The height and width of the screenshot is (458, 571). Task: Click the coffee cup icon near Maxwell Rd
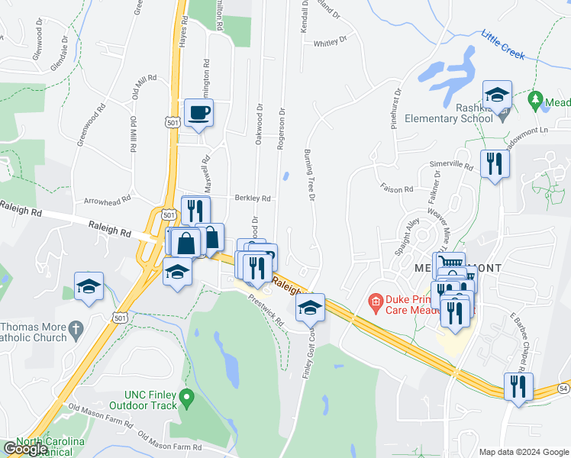point(198,113)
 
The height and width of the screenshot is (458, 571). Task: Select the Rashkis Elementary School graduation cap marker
point(497,95)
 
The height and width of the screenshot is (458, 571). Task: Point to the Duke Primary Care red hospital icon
point(375,302)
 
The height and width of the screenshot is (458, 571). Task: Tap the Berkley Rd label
point(253,198)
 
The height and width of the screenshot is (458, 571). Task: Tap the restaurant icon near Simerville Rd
point(495,163)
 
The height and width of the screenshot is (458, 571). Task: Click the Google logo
point(25,449)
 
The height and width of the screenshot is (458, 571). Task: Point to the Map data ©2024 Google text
point(524,451)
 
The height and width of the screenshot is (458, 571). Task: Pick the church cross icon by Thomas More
point(74,330)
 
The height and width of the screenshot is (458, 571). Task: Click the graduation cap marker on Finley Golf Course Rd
point(310,307)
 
